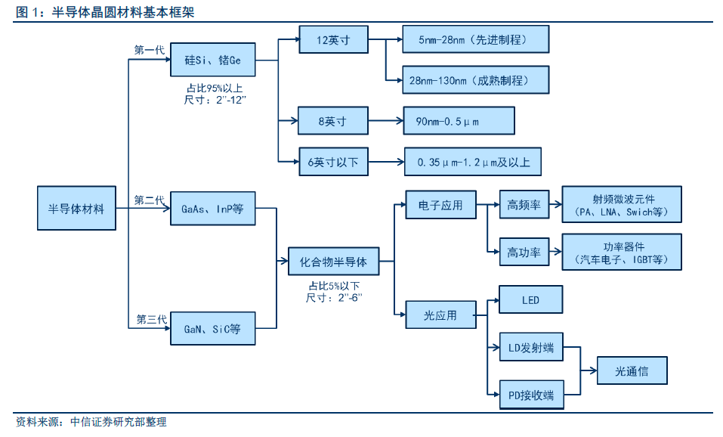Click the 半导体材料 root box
[x=76, y=207]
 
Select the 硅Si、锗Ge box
[x=213, y=59]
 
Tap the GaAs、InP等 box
[x=212, y=207]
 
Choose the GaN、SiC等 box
[x=212, y=329]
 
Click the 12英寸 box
[x=333, y=39]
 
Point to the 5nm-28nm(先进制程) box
[x=474, y=39]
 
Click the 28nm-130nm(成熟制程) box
[x=474, y=79]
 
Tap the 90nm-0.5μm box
[x=458, y=120]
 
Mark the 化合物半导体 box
[x=333, y=262]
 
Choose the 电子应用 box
[x=440, y=204]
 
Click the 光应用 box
[x=440, y=315]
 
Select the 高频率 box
[x=524, y=204]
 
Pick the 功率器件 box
[x=623, y=253]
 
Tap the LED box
[x=530, y=300]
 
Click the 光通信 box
[x=632, y=370]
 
